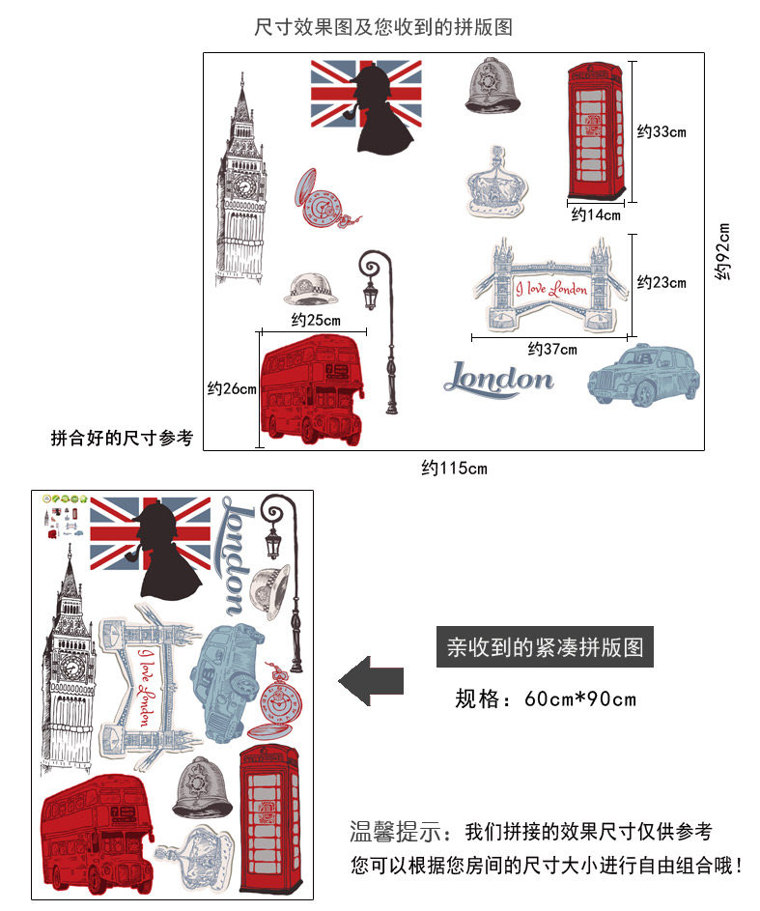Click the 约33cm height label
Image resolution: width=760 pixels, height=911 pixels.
(x=661, y=131)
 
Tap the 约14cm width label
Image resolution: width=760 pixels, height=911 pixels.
(x=595, y=214)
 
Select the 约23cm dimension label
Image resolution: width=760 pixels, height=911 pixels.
(x=661, y=282)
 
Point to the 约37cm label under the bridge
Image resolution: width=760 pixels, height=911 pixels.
(x=552, y=349)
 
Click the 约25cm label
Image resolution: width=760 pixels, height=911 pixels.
(x=316, y=320)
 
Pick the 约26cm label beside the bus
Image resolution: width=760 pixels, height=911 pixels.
(x=232, y=389)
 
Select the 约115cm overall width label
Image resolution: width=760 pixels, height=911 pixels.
(x=454, y=469)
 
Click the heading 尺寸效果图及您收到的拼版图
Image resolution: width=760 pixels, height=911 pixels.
(x=383, y=27)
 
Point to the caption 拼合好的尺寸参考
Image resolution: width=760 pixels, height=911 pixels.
(x=122, y=439)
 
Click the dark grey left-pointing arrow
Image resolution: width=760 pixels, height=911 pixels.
(x=371, y=681)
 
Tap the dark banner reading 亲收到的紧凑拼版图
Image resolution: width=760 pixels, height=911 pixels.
(x=546, y=646)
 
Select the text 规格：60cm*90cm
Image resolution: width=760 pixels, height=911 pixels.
(x=546, y=698)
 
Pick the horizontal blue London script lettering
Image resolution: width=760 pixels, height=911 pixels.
(x=499, y=380)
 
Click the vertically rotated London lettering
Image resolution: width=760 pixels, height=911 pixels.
(x=235, y=555)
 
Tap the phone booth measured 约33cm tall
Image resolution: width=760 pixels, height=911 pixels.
(x=600, y=129)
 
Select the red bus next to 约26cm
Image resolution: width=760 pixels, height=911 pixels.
(x=311, y=388)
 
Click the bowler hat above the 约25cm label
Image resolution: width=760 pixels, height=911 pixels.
(x=313, y=287)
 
